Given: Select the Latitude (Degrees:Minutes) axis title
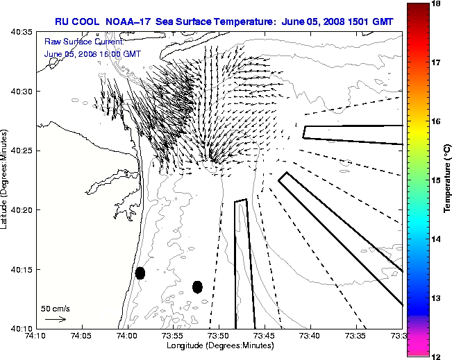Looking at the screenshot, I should tap(5, 179).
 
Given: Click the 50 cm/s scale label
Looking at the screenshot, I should tap(56, 308).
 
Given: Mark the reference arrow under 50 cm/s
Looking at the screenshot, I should tap(55, 319).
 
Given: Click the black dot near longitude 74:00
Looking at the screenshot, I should tap(140, 273).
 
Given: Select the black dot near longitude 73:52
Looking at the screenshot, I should tap(197, 286).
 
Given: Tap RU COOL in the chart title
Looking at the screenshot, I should tap(77, 22).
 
